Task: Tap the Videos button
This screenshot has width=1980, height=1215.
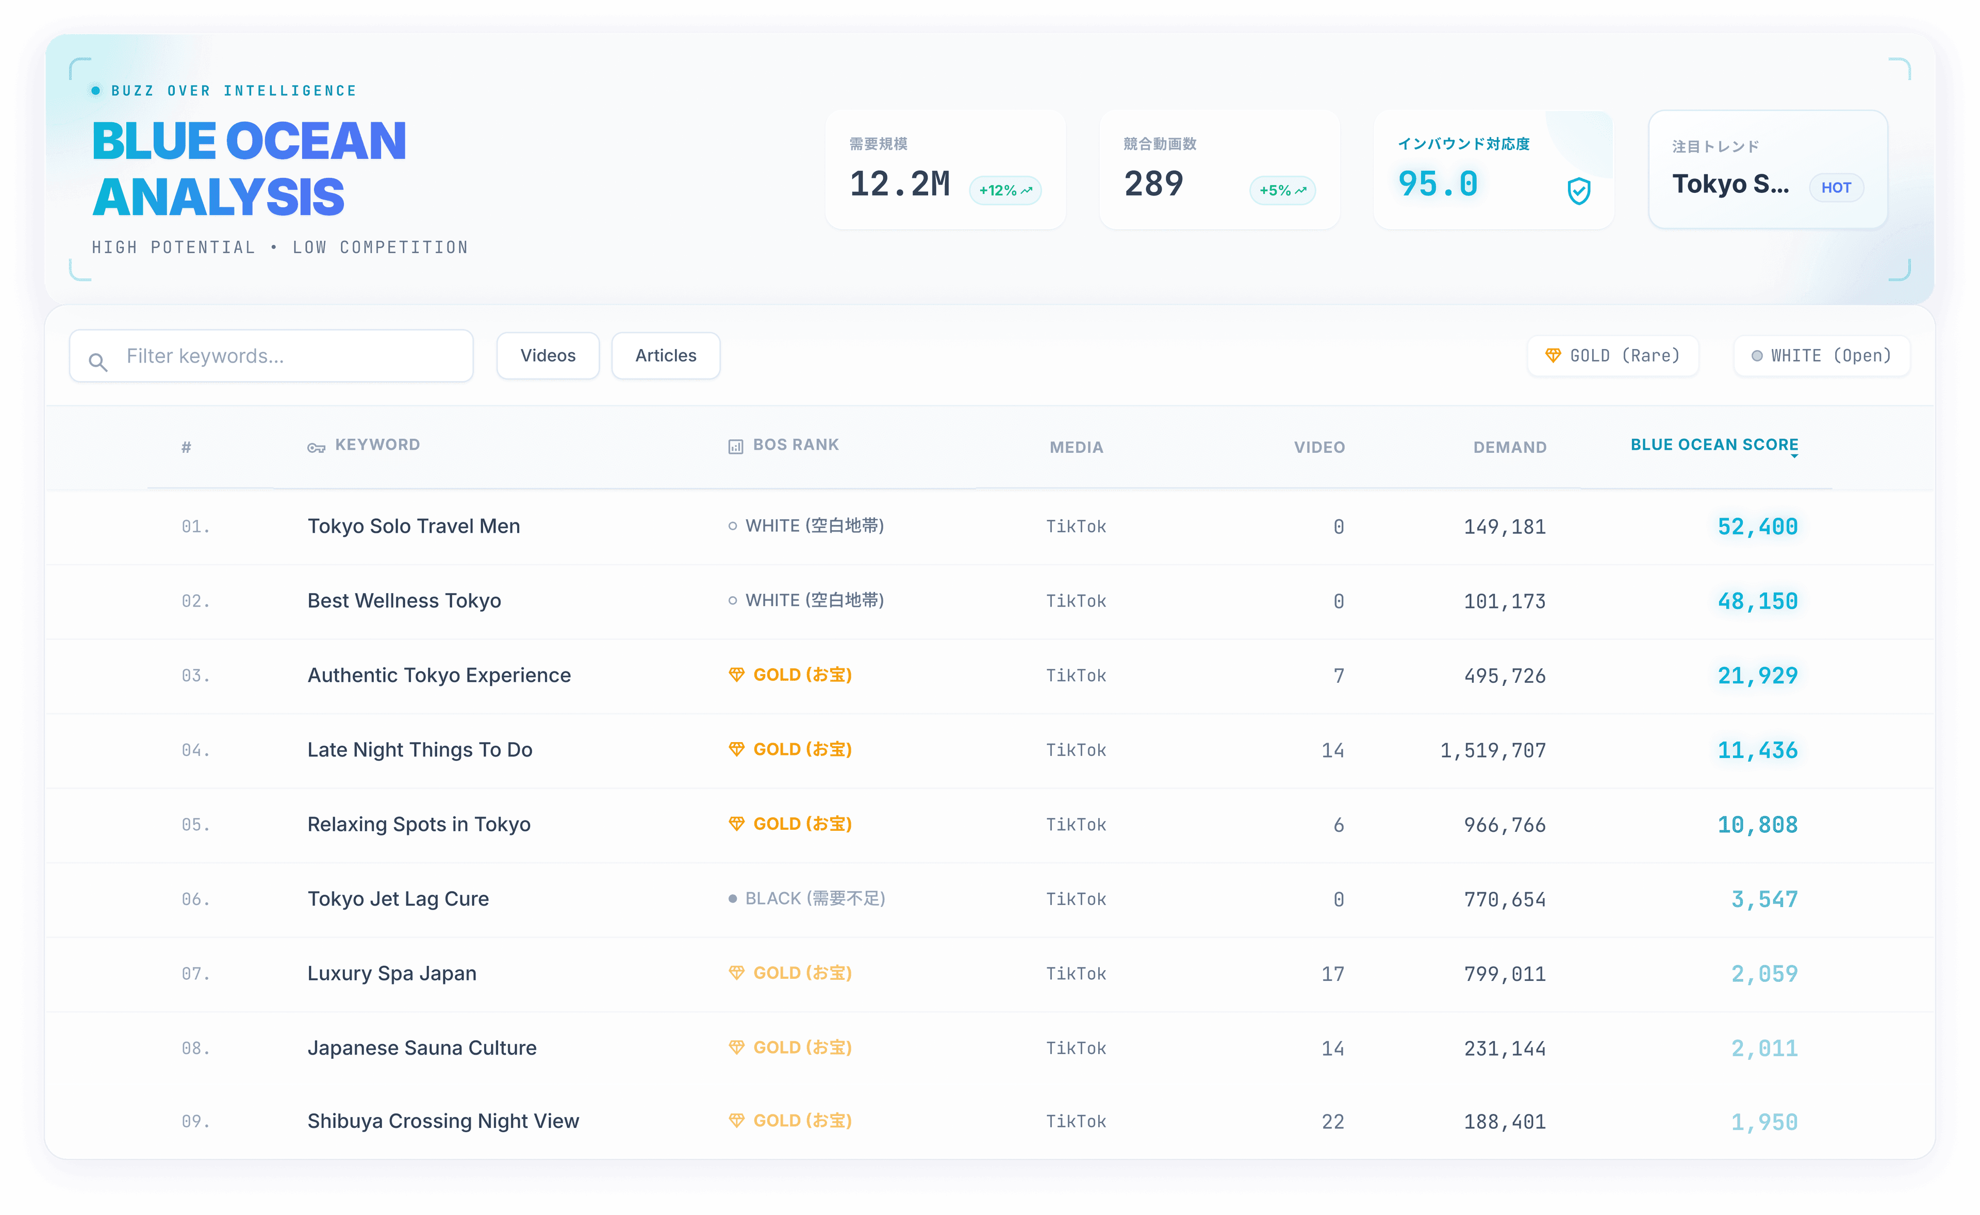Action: (x=548, y=356)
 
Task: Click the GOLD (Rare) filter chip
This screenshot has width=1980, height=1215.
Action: (x=1613, y=356)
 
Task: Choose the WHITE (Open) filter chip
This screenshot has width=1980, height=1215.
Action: (x=1822, y=356)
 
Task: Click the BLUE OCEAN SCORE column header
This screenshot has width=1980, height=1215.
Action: (x=1714, y=445)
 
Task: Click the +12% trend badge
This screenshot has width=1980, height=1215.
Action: (x=1005, y=190)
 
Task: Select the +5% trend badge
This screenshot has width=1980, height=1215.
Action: (x=1282, y=190)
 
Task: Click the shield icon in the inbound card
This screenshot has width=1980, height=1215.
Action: (x=1579, y=191)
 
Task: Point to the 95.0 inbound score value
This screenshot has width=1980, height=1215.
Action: (x=1438, y=184)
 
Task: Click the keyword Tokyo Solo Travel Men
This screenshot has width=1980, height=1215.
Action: (x=414, y=527)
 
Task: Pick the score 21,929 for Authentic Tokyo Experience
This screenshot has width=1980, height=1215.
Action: (x=1757, y=676)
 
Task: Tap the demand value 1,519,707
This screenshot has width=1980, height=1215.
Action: (x=1493, y=750)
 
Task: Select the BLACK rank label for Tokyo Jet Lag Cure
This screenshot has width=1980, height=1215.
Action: (x=807, y=898)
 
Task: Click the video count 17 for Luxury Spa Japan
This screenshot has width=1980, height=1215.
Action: (x=1332, y=974)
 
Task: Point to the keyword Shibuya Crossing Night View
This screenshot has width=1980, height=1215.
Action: (x=443, y=1121)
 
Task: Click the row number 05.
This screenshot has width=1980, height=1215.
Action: (x=195, y=825)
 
